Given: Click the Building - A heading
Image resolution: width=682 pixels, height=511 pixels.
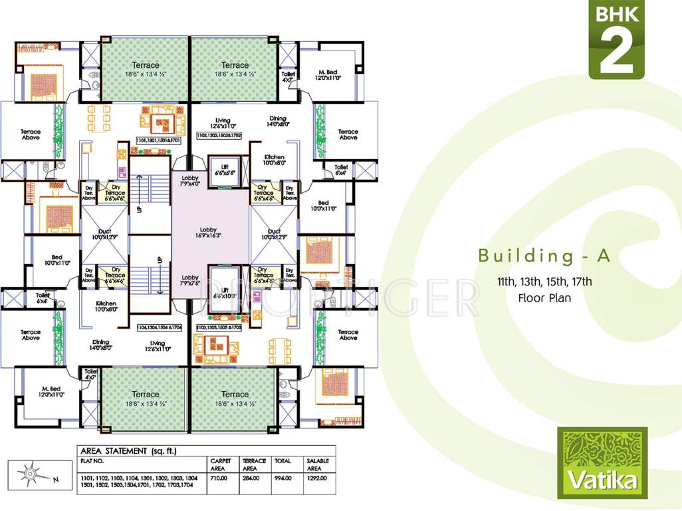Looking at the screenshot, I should click(x=544, y=256).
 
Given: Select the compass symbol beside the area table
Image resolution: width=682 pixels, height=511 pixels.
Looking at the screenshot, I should click(x=31, y=474).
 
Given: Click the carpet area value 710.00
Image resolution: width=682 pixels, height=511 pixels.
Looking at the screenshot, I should click(x=219, y=478).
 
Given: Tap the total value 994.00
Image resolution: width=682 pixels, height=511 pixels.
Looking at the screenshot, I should click(x=283, y=478).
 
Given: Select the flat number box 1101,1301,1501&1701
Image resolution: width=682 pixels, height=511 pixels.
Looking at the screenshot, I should click(x=158, y=141).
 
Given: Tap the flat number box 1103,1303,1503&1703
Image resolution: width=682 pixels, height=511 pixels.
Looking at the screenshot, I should click(x=219, y=327).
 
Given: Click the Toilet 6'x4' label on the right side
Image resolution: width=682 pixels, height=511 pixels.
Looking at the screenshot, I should click(x=341, y=170).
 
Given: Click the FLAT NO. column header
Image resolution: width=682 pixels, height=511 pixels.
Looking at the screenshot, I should click(x=92, y=460).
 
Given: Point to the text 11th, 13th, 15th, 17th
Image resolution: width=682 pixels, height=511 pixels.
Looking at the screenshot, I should click(x=544, y=282).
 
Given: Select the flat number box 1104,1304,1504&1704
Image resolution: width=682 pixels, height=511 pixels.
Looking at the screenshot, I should click(x=159, y=327).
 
